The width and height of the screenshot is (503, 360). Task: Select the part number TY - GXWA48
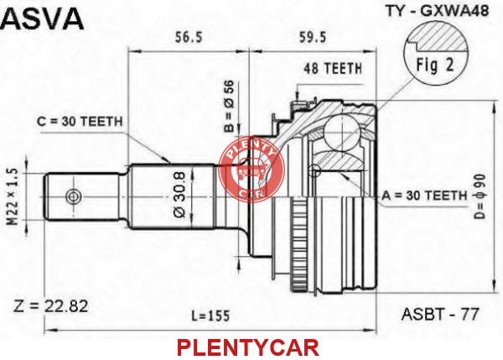point(437,11)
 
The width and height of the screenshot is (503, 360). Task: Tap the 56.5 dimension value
point(189,38)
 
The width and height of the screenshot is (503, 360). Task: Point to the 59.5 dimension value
point(313,38)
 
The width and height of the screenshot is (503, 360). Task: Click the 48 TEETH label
point(333,69)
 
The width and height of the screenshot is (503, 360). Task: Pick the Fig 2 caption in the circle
point(435,65)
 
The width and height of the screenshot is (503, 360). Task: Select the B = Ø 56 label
point(230,107)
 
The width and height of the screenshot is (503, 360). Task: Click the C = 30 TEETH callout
point(80,122)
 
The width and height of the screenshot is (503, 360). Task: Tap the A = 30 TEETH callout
point(424,196)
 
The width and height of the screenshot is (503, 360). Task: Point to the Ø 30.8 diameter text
point(179,195)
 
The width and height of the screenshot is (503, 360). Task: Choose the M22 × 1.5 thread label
point(13,198)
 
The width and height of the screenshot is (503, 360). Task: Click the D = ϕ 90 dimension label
point(480,196)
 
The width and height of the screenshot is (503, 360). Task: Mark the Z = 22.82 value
point(50,306)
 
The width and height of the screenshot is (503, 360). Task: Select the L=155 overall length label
point(210,316)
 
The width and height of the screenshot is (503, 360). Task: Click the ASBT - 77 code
point(440,314)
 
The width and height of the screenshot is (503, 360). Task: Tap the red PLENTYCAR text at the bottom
point(248,347)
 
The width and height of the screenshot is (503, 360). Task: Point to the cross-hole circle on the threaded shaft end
point(74,196)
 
